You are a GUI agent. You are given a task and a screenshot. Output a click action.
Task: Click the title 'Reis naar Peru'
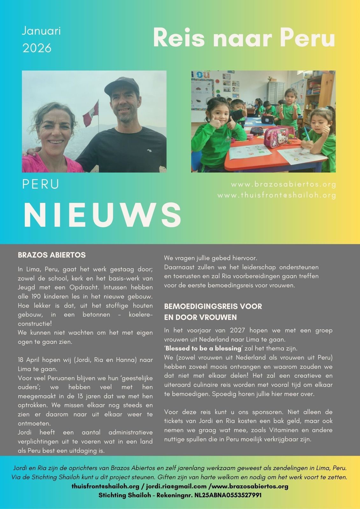(x=244, y=38)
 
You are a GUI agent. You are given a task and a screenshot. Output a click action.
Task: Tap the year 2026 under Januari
(x=37, y=48)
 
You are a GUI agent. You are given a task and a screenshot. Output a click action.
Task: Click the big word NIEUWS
(x=102, y=215)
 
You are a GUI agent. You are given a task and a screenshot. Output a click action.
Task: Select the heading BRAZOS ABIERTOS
(x=52, y=255)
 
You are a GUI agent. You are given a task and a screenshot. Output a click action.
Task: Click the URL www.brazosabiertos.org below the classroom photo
(x=284, y=184)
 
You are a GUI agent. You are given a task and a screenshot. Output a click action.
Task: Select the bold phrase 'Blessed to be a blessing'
(x=203, y=348)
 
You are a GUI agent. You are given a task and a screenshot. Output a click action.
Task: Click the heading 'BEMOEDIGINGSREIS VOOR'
(x=213, y=306)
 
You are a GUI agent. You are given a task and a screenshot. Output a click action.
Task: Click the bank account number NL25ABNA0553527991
(x=228, y=495)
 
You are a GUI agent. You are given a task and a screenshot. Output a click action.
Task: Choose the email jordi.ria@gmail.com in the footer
(x=176, y=486)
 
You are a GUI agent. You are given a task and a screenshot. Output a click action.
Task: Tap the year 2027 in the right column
(x=237, y=330)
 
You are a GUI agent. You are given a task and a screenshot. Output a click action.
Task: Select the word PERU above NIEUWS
(x=40, y=185)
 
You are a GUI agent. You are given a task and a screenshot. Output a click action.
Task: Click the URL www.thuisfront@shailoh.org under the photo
(x=277, y=195)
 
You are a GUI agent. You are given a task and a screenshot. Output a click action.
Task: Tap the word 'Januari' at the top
(x=41, y=31)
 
